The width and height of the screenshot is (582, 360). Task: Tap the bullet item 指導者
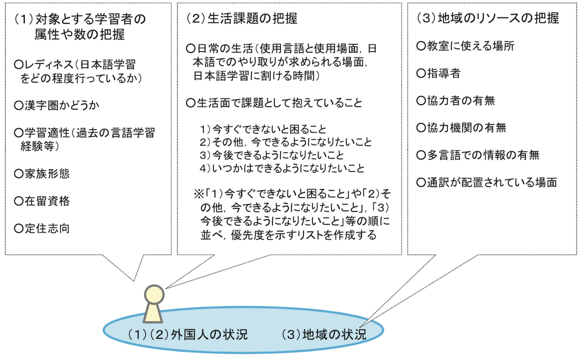[438, 73]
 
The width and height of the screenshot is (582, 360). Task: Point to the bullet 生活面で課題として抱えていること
[274, 102]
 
